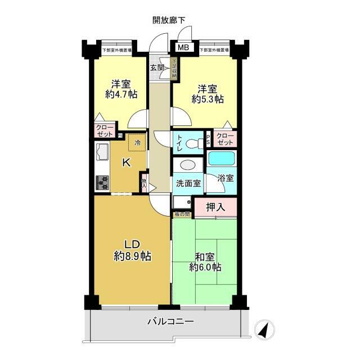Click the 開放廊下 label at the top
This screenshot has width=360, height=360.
(169, 21)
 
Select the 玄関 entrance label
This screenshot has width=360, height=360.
(157, 68)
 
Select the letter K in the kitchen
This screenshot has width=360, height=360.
(127, 163)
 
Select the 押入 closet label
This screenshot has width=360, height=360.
(215, 207)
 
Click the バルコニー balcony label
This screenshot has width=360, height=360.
(170, 322)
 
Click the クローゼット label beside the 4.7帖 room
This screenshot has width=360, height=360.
(104, 131)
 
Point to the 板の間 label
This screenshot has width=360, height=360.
(182, 214)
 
